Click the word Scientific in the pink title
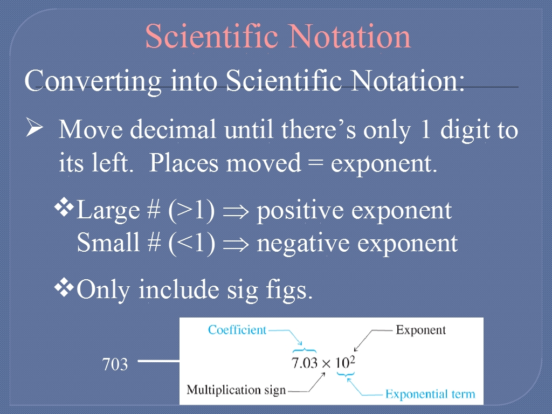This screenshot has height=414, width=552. point(211,36)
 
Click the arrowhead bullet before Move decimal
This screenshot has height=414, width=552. point(34,127)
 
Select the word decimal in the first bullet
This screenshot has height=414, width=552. point(173,129)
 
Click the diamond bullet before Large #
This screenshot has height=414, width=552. point(64,208)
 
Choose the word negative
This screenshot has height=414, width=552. point(303,244)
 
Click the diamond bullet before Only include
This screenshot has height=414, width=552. point(64,287)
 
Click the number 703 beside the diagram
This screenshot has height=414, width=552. point(115,364)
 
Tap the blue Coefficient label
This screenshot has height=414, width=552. point(237,330)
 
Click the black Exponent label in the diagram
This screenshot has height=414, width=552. point(420,330)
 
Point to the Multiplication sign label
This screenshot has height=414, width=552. point(236,390)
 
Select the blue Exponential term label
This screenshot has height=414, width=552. point(430,394)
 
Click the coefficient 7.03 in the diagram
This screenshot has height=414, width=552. point(305,363)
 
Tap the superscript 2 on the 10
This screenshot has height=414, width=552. point(353,359)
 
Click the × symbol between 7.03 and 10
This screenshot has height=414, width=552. point(326,364)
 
